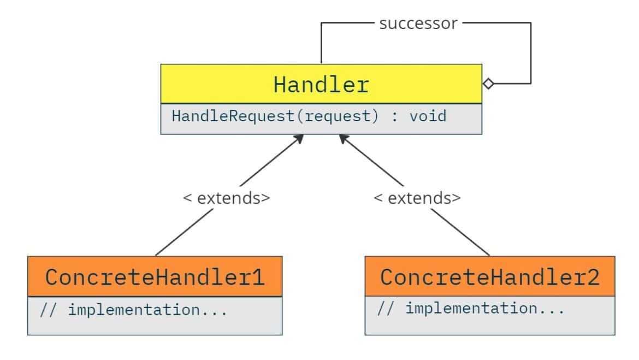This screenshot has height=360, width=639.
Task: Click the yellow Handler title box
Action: (x=321, y=84)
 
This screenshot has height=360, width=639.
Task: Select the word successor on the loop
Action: (x=418, y=23)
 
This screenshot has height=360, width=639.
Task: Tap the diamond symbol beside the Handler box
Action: (x=488, y=84)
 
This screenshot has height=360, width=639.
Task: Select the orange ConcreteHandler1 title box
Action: (x=155, y=277)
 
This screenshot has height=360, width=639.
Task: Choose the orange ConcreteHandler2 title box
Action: (x=489, y=277)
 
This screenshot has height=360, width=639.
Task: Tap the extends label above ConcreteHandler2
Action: (x=417, y=198)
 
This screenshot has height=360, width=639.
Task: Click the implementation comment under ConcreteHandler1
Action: (x=133, y=310)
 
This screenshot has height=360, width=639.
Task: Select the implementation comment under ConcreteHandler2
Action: (x=471, y=309)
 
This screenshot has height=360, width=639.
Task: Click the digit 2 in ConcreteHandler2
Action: (x=593, y=277)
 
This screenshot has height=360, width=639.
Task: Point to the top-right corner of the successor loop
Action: (x=530, y=23)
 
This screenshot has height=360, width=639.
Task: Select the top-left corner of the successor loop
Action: (x=321, y=23)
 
